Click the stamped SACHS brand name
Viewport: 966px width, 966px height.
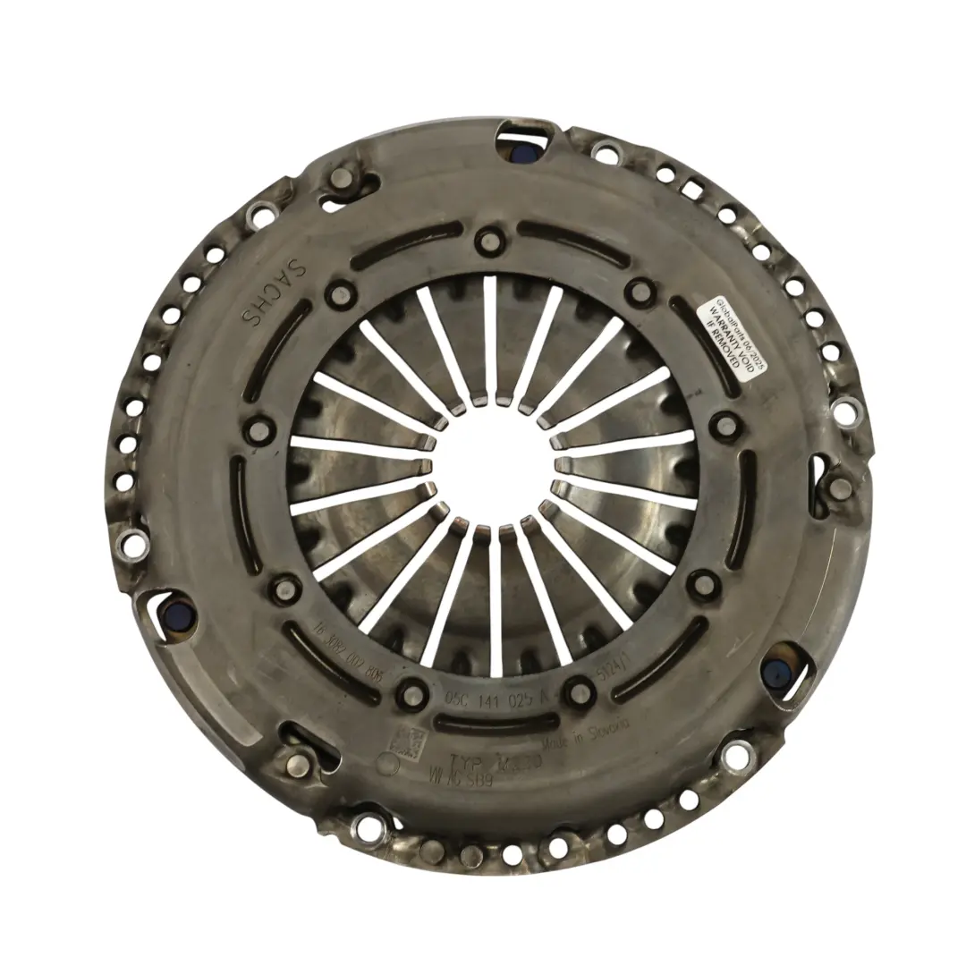coord(272,289)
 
